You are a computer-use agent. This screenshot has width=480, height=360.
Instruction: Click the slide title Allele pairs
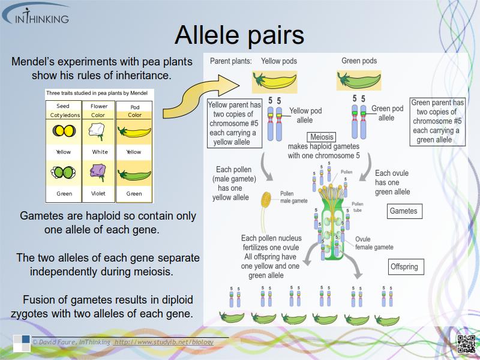[239, 35]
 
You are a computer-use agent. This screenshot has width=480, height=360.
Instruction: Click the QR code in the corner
[466, 344]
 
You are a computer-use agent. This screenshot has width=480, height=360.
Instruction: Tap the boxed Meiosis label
[322, 137]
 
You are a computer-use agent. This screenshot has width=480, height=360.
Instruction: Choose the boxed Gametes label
[403, 211]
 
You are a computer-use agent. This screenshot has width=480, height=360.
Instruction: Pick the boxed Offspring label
[404, 266]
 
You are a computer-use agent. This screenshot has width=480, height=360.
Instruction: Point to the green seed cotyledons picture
[64, 175]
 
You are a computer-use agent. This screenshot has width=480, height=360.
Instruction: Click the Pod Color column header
[134, 111]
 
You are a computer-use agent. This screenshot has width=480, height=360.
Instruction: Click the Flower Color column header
[99, 111]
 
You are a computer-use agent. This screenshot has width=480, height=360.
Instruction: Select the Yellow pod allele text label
[305, 115]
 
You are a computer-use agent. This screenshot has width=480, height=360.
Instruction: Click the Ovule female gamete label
[374, 243]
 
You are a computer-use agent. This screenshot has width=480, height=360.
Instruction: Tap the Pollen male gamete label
[293, 197]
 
